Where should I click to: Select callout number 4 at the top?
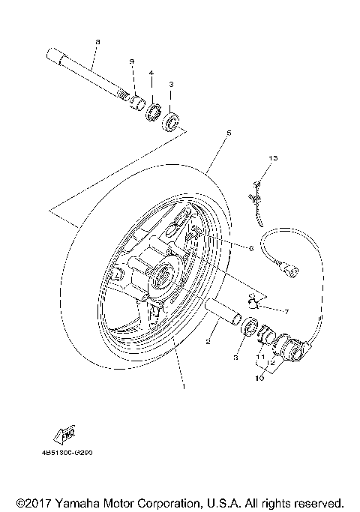(x=151, y=73)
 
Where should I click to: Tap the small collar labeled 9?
(x=136, y=101)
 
